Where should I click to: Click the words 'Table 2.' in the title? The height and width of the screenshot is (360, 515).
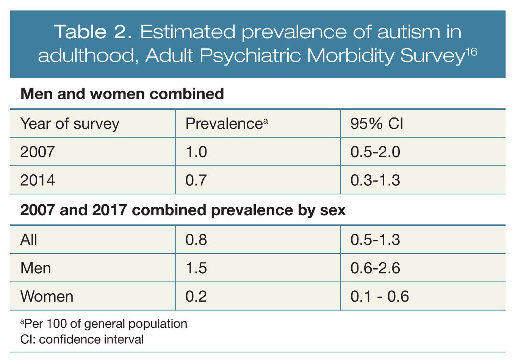pyautogui.click(x=94, y=32)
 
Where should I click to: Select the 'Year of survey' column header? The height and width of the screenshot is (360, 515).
pyautogui.click(x=70, y=124)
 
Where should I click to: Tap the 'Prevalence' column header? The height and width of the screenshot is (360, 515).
pyautogui.click(x=226, y=124)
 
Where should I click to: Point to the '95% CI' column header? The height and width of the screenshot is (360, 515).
pyautogui.click(x=377, y=124)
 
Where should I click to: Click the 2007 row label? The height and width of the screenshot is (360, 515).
pyautogui.click(x=38, y=152)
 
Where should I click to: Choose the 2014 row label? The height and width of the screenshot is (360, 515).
pyautogui.click(x=38, y=180)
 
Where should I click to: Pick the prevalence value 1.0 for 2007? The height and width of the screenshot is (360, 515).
pyautogui.click(x=196, y=152)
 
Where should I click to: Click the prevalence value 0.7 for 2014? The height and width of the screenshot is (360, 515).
pyautogui.click(x=196, y=180)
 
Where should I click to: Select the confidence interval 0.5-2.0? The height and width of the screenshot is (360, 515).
pyautogui.click(x=375, y=152)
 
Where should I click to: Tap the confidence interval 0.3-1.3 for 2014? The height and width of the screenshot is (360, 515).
pyautogui.click(x=375, y=180)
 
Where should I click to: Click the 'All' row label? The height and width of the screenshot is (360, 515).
pyautogui.click(x=29, y=240)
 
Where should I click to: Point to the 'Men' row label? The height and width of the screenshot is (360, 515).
pyautogui.click(x=36, y=268)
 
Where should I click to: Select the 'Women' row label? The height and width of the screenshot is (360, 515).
pyautogui.click(x=47, y=296)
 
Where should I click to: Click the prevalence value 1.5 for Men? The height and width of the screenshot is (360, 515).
pyautogui.click(x=196, y=268)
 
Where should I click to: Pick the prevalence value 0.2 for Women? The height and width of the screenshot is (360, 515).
pyautogui.click(x=196, y=296)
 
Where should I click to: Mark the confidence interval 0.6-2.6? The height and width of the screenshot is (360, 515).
pyautogui.click(x=375, y=268)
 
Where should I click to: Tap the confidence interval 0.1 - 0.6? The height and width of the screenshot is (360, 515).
pyautogui.click(x=380, y=296)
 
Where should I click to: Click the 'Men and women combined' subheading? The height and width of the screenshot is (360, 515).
pyautogui.click(x=122, y=94)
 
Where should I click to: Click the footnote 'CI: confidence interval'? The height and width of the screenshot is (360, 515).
pyautogui.click(x=82, y=339)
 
